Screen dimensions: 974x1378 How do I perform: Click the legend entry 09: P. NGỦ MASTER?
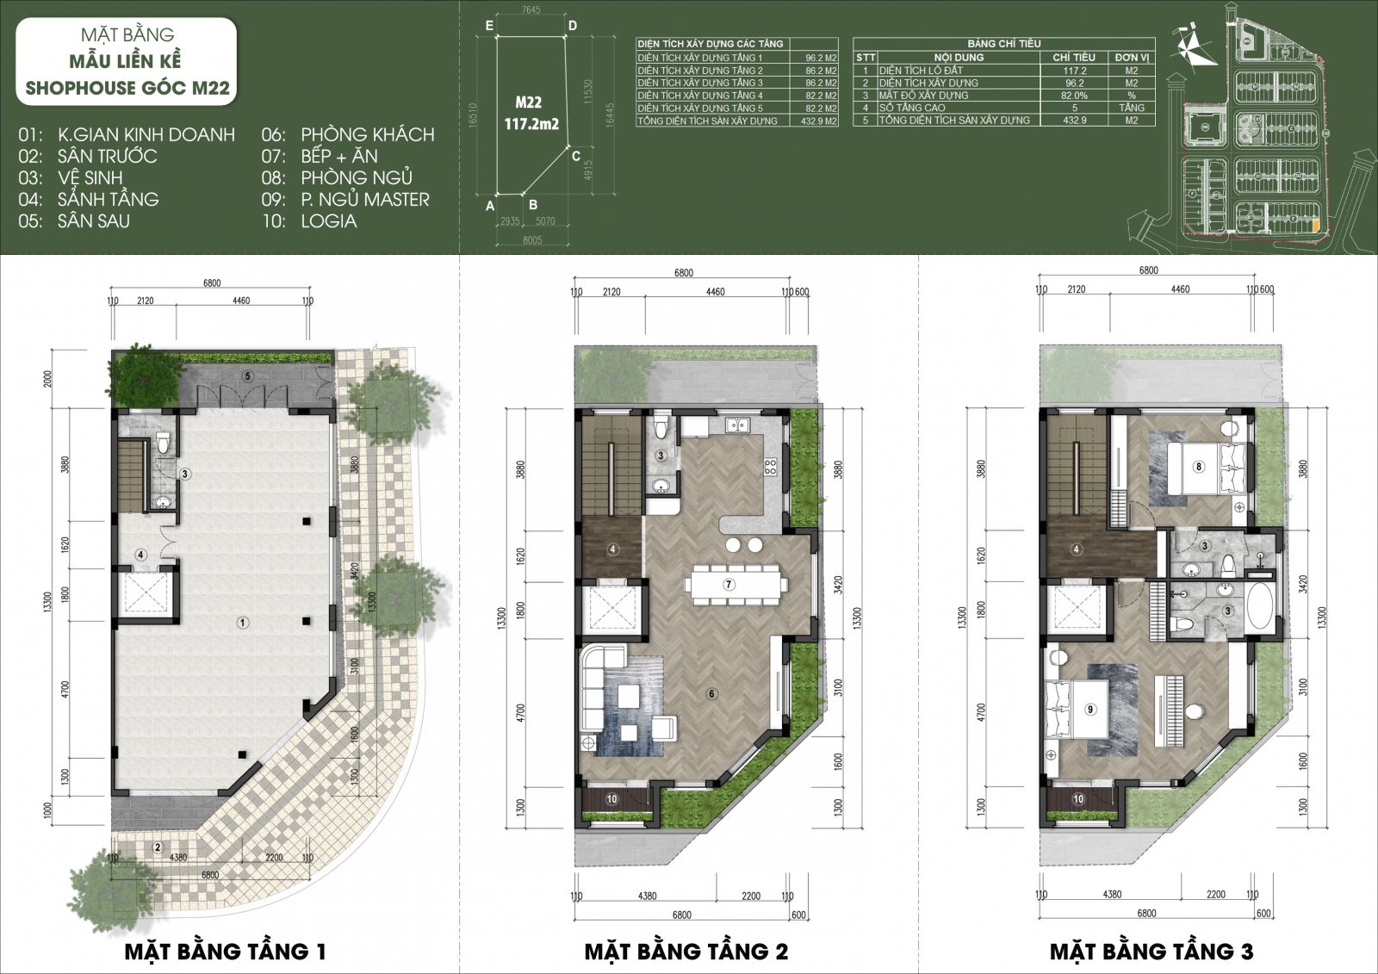pyautogui.click(x=345, y=199)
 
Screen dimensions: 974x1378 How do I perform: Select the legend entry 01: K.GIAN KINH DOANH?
pyautogui.click(x=127, y=134)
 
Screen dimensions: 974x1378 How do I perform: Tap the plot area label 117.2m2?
pyautogui.click(x=531, y=124)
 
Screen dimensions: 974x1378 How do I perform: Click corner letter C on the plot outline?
pyautogui.click(x=576, y=156)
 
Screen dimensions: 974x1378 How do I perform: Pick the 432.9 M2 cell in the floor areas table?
pyautogui.click(x=821, y=121)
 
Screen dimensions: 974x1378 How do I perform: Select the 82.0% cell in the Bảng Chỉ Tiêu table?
pyautogui.click(x=1073, y=96)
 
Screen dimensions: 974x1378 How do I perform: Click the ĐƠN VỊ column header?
pyautogui.click(x=1132, y=57)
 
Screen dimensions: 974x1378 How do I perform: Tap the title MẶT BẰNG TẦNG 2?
pyautogui.click(x=686, y=951)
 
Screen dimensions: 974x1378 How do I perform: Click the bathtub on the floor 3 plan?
pyautogui.click(x=1261, y=608)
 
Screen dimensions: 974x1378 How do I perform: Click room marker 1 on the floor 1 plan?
pyautogui.click(x=243, y=622)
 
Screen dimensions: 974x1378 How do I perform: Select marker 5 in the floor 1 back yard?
pyautogui.click(x=247, y=375)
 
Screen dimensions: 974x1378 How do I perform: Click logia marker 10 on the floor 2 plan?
pyautogui.click(x=611, y=799)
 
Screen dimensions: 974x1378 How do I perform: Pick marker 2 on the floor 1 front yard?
pyautogui.click(x=157, y=847)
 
